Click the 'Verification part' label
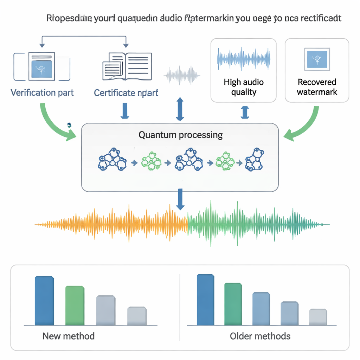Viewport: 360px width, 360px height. [42, 93]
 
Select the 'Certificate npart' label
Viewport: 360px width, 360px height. [126, 93]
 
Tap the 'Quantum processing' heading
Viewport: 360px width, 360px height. [180, 135]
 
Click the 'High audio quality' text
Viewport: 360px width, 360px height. [244, 87]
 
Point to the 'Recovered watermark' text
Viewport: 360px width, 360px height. [317, 87]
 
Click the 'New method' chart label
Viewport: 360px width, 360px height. [68, 336]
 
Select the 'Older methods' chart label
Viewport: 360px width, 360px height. [260, 336]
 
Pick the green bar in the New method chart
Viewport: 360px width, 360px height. [75, 306]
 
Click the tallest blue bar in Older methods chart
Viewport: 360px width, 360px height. [205, 300]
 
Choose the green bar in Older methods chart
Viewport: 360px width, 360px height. [233, 304]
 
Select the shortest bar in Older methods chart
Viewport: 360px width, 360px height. [318, 317]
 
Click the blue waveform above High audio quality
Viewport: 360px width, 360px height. [244, 58]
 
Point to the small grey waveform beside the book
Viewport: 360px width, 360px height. [182, 75]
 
